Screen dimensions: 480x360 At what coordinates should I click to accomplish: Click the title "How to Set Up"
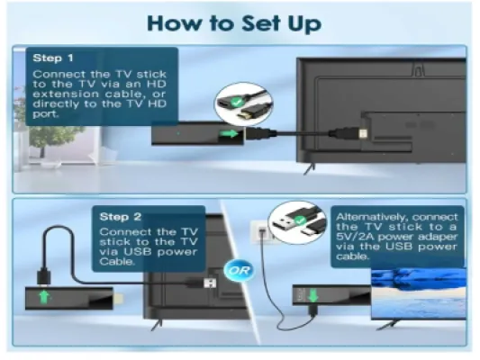point(234,24)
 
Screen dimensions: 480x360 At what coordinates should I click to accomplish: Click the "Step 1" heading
point(53,58)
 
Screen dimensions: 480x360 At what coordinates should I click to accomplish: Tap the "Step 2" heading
point(121,217)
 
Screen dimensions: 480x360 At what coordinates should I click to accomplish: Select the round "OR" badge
point(239,270)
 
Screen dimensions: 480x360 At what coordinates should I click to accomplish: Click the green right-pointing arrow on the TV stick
point(230,133)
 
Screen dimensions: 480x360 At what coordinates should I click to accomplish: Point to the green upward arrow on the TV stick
point(44,297)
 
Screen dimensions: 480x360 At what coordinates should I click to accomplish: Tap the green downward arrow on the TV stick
point(312,295)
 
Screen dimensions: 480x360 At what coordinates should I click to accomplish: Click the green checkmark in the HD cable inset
point(236,102)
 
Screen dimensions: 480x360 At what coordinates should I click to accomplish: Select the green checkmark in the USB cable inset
point(300,220)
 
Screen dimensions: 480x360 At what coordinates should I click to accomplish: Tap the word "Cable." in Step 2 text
point(117,262)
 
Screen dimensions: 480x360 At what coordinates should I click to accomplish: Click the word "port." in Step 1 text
point(46,114)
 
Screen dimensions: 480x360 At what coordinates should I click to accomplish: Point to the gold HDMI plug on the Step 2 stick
point(120,298)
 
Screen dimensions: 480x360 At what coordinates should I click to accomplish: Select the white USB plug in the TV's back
point(210,283)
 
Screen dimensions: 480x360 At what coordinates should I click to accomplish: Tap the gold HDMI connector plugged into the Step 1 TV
point(363,134)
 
